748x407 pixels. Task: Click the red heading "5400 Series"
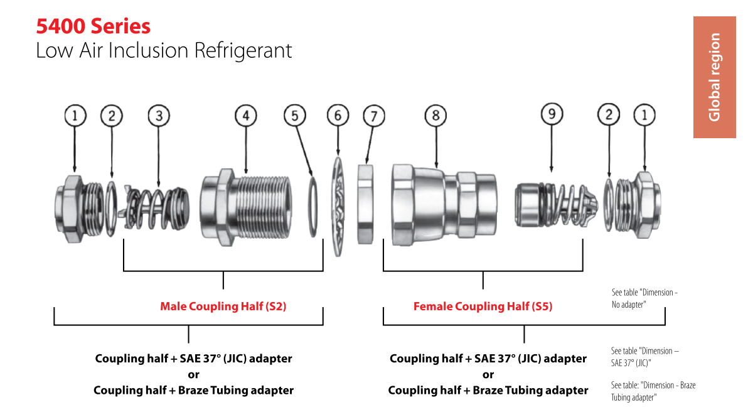(x=93, y=26)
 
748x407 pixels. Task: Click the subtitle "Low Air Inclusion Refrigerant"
(x=164, y=51)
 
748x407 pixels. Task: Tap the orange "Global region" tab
(x=715, y=77)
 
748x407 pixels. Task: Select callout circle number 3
(x=159, y=116)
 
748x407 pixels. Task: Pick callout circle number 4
(x=246, y=116)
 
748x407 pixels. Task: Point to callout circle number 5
(x=295, y=116)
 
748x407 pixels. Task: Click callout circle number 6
(x=338, y=116)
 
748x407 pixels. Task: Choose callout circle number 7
(x=374, y=116)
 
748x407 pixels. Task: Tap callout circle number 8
(x=435, y=116)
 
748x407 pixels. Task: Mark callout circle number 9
(x=552, y=114)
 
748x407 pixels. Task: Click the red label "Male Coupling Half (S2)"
(x=223, y=307)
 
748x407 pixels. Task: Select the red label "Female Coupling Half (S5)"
(x=483, y=307)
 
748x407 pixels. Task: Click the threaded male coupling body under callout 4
(x=246, y=207)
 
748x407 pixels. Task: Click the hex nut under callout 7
(x=365, y=205)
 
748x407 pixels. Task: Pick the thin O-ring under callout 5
(x=313, y=207)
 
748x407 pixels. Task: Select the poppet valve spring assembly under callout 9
(x=556, y=205)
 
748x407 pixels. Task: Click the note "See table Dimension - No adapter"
(x=644, y=298)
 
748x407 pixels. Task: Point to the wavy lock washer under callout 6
(x=338, y=207)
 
